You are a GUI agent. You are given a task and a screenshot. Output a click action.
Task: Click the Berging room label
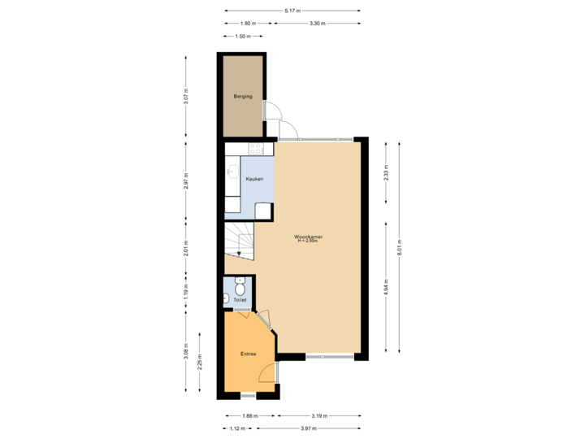(x=242, y=97)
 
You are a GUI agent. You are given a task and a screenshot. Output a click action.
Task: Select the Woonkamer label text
(x=310, y=237)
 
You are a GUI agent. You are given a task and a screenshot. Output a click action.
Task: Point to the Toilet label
(x=240, y=300)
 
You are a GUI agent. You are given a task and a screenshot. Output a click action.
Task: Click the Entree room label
(x=248, y=354)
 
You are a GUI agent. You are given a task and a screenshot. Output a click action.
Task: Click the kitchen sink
(x=232, y=172)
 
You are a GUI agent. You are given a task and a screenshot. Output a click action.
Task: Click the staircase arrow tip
(x=239, y=254)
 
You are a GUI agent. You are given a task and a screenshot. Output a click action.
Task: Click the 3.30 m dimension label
(x=318, y=24)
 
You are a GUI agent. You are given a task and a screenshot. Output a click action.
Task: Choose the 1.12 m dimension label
(x=237, y=428)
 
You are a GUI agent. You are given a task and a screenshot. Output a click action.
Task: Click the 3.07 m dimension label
(x=186, y=99)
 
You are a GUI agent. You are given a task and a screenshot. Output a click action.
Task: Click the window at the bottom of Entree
(x=249, y=396)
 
